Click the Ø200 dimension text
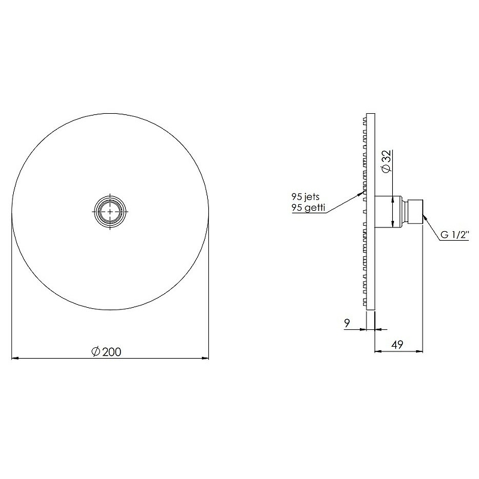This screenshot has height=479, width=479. click(x=107, y=352)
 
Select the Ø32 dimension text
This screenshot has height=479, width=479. click(x=386, y=162)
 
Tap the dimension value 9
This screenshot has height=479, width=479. click(x=347, y=323)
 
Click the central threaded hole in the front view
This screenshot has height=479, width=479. click(x=110, y=211)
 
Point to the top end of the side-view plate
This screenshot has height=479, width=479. click(x=370, y=114)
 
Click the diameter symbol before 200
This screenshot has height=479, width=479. click(x=96, y=352)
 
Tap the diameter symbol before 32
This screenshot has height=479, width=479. click(x=386, y=169)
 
